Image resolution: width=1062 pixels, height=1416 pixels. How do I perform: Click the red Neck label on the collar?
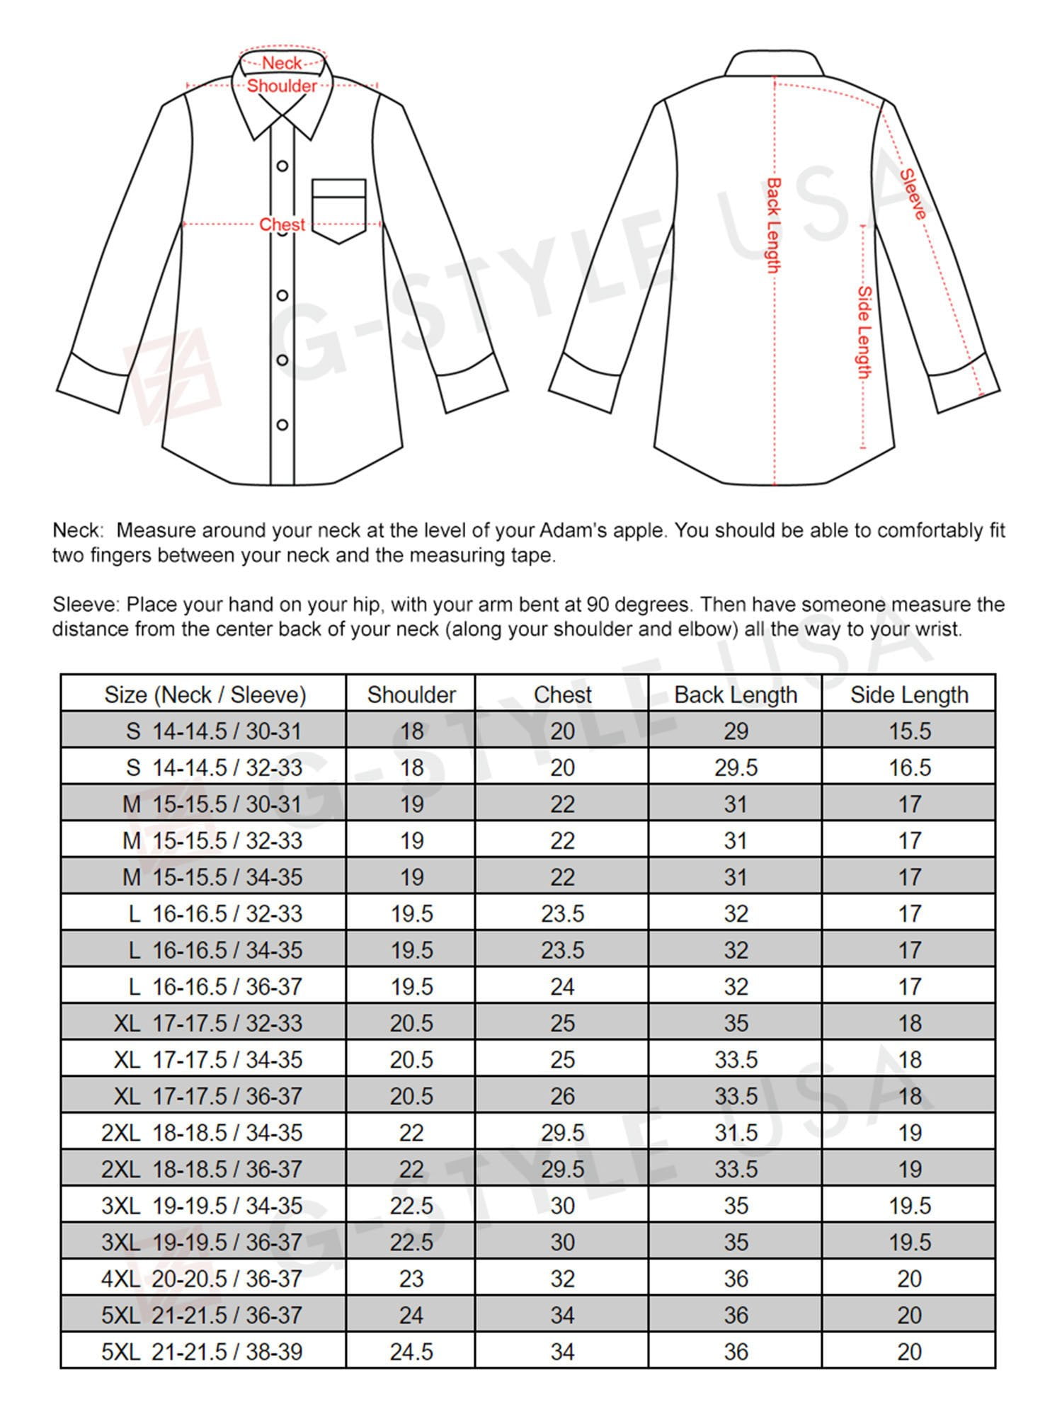(282, 63)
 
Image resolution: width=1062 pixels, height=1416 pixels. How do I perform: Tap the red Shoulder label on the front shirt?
(282, 86)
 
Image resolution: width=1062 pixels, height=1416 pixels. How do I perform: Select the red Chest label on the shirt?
(282, 224)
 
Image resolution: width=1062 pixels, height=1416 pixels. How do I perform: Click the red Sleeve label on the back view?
(913, 194)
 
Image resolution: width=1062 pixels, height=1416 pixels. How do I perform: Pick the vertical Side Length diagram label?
(864, 332)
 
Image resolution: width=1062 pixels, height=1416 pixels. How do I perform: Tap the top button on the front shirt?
(282, 166)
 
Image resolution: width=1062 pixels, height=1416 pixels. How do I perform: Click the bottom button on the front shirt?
(282, 425)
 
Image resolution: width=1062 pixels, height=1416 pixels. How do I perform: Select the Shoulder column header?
(411, 695)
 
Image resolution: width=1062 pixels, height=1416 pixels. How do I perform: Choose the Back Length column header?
(736, 695)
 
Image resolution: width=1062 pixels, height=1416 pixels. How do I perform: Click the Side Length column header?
(909, 695)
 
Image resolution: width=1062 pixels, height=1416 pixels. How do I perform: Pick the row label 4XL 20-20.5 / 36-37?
(202, 1279)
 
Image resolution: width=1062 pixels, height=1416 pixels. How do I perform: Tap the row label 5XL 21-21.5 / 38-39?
(202, 1352)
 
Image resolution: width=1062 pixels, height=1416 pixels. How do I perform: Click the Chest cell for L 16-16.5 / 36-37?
(562, 986)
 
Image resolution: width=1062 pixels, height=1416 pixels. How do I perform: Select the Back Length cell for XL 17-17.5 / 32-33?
(736, 1023)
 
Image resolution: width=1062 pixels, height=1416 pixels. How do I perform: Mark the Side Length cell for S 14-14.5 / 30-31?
(910, 731)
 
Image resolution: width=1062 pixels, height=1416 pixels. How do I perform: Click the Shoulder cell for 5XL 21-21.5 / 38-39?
(411, 1352)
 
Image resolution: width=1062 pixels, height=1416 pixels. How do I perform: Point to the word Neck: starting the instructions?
(78, 530)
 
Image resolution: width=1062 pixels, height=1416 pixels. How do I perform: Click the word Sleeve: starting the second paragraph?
(86, 605)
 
